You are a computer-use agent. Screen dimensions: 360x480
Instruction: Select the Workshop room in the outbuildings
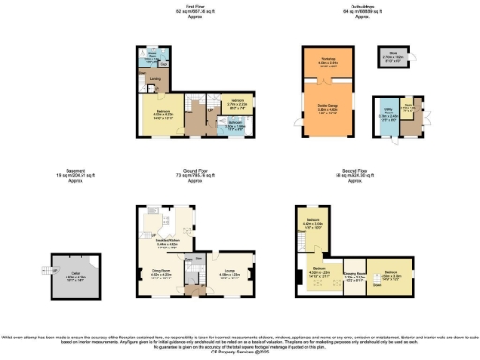point(327,64)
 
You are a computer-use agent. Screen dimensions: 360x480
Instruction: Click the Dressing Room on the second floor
point(353,277)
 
